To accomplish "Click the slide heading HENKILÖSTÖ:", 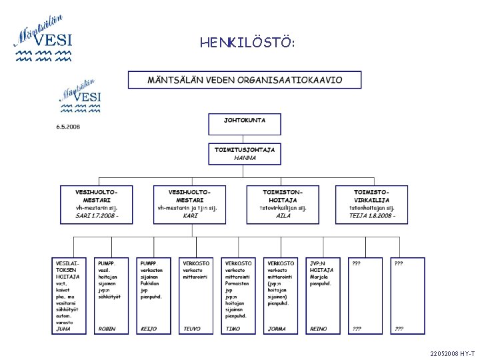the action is tap(247, 43).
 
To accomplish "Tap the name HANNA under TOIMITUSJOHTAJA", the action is tap(245, 158).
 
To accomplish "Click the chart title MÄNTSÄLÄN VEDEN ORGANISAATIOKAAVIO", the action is tap(245, 80).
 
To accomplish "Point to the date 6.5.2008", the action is tap(67, 127).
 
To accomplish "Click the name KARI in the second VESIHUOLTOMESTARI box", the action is tap(190, 215).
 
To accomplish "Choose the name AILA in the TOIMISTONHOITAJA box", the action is tap(283, 215).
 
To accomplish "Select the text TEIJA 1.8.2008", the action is tap(372, 215).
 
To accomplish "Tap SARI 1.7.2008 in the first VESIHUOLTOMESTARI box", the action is tap(97, 215).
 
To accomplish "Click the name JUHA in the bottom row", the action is tap(63, 329).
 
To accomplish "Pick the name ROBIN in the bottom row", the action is tap(107, 329).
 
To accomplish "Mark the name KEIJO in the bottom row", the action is tap(149, 329).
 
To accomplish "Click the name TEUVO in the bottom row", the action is tap(192, 329).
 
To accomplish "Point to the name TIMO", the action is tap(233, 329).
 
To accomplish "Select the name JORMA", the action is tap(277, 329).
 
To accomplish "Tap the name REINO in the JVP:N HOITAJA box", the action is tap(319, 329).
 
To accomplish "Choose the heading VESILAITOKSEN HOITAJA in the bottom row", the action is tap(67, 269).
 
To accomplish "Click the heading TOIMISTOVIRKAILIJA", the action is tap(372, 196).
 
